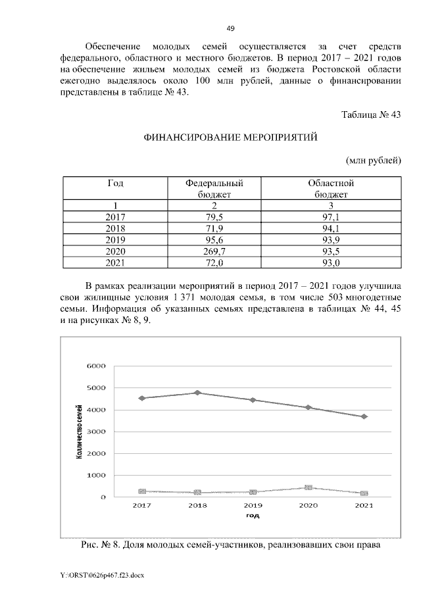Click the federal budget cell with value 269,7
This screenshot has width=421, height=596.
[x=210, y=251]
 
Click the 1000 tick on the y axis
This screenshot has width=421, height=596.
[x=97, y=476]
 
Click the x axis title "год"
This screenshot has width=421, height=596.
[x=253, y=516]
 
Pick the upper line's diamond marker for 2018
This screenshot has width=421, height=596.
[x=198, y=393]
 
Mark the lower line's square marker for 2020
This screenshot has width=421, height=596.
[x=309, y=487]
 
